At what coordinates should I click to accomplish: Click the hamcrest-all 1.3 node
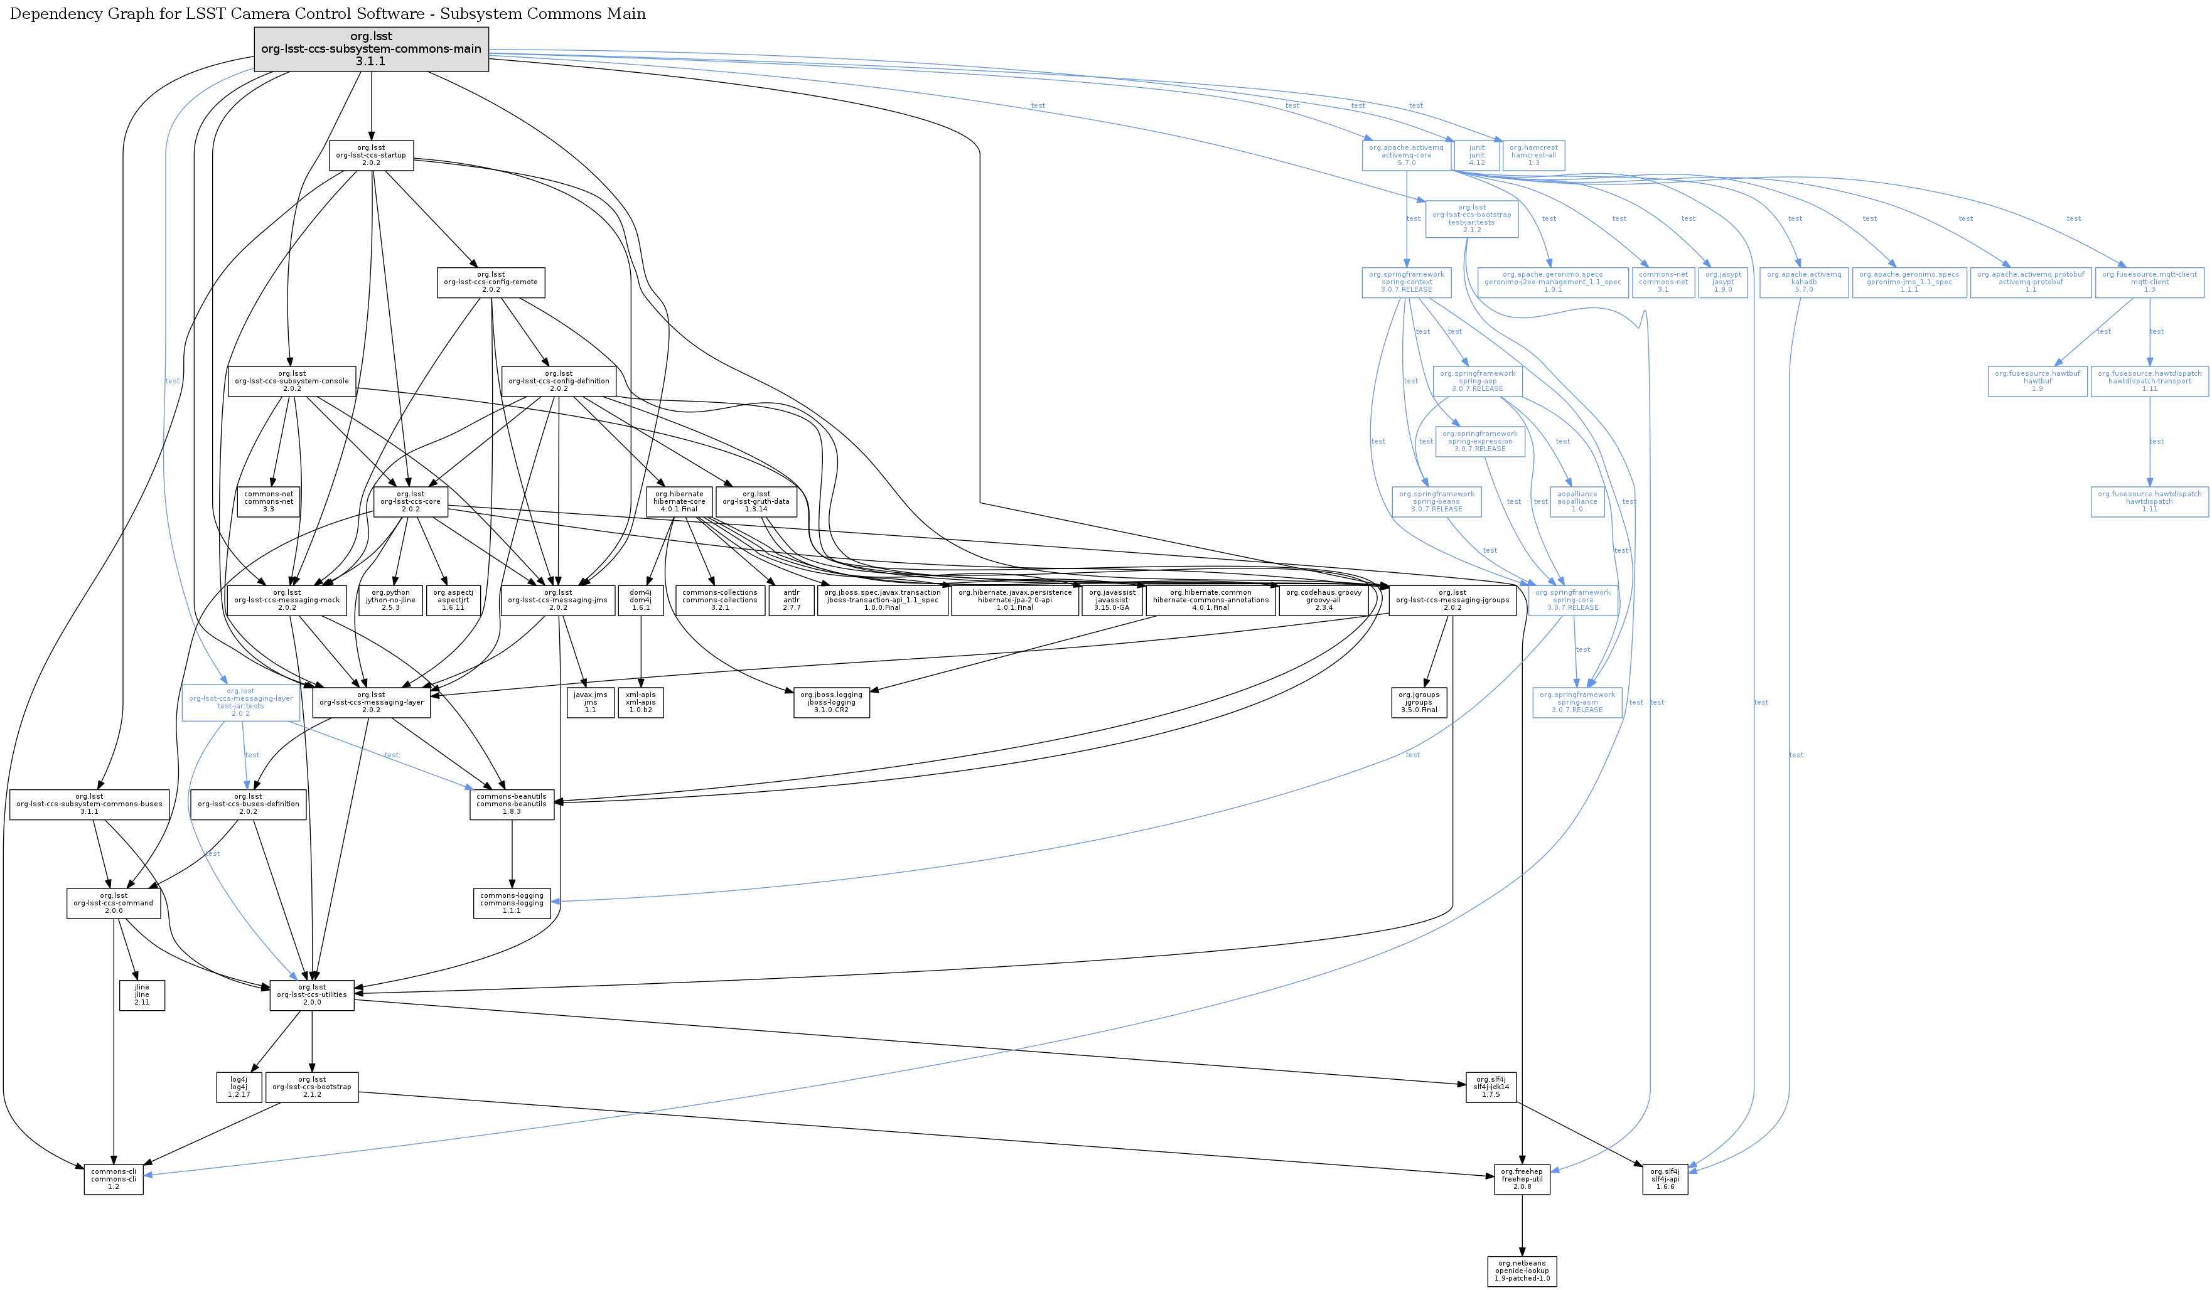pos(1533,156)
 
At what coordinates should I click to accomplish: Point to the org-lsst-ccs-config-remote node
pos(491,282)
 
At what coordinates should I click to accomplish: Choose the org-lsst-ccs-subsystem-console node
pos(291,381)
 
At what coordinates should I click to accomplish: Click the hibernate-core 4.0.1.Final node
pos(679,502)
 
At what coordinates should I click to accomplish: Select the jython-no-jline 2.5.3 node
pos(390,600)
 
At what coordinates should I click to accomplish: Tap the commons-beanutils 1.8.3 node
pos(512,804)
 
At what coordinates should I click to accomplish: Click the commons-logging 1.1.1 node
pos(512,903)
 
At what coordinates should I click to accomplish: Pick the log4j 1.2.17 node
pos(239,1087)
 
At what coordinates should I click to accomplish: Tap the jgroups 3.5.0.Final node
pos(1419,702)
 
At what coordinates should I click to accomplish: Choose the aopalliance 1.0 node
pos(1577,502)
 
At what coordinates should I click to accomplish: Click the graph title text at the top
pos(328,14)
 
